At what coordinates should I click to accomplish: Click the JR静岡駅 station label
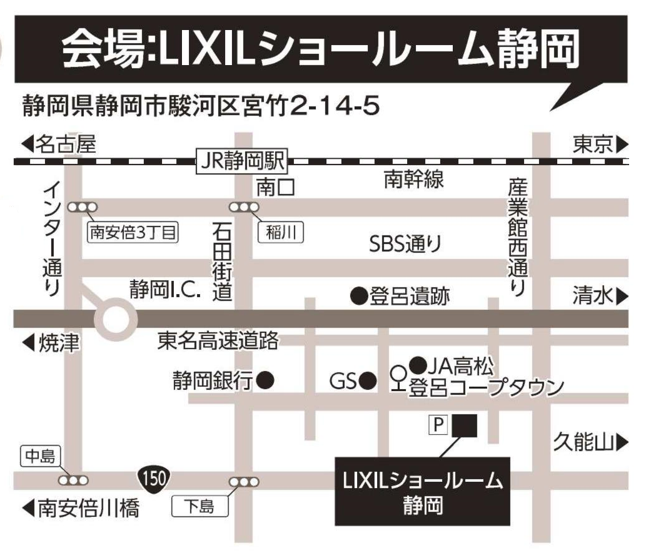[241, 161]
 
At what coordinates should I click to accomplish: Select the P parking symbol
[438, 426]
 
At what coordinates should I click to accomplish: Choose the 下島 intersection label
[200, 506]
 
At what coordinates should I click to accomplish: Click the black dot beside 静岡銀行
[266, 379]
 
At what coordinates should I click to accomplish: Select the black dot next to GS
[368, 379]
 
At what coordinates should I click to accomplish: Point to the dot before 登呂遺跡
[358, 293]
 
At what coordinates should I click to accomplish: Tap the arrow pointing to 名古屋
[26, 146]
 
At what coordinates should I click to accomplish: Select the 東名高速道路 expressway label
[218, 341]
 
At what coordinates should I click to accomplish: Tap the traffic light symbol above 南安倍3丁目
[82, 207]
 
